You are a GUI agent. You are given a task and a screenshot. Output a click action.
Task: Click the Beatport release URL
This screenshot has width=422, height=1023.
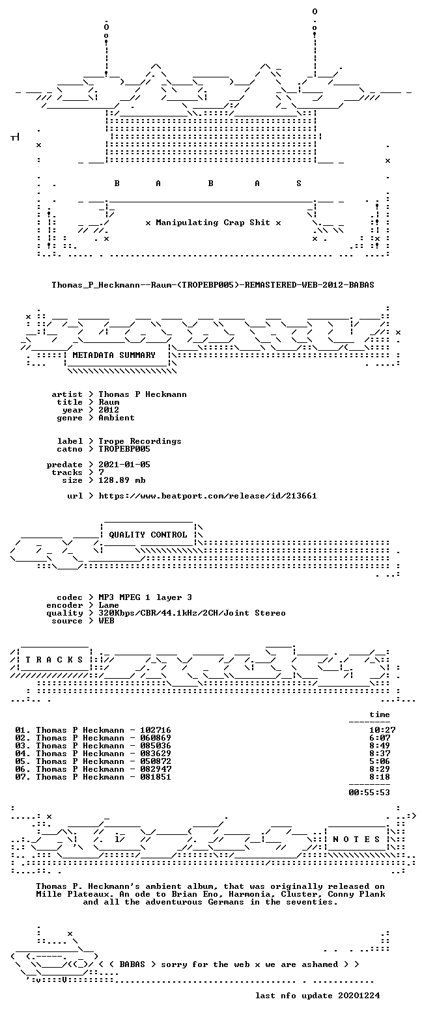click(x=208, y=495)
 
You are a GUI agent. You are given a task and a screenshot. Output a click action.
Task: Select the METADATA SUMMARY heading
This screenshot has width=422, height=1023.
click(x=114, y=355)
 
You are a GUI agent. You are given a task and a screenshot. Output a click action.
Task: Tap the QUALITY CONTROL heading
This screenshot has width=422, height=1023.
click(x=148, y=535)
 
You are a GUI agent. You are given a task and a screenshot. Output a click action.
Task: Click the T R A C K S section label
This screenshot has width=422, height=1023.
click(x=54, y=659)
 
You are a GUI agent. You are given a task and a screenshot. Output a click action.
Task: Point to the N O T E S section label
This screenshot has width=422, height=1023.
click(x=356, y=839)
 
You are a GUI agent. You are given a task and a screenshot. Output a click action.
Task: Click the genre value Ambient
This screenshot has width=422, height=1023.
click(x=117, y=417)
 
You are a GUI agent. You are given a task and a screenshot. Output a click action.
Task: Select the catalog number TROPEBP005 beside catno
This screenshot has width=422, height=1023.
click(x=124, y=448)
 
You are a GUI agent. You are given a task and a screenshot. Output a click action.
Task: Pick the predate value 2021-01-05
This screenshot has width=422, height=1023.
click(x=124, y=465)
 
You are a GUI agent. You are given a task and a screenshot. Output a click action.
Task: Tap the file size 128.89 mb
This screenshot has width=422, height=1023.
click(x=122, y=480)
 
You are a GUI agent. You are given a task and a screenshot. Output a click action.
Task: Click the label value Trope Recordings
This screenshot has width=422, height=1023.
click(x=140, y=441)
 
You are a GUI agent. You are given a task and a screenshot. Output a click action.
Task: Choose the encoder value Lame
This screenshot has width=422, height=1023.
click(x=109, y=605)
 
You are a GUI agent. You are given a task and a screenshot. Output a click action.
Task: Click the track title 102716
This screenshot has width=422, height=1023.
click(x=156, y=730)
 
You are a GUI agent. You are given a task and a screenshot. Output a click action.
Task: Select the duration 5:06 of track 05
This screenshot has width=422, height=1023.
click(x=380, y=761)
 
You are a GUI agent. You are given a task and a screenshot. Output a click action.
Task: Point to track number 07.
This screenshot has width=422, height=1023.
click(x=22, y=776)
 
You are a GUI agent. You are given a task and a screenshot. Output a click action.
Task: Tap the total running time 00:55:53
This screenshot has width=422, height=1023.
click(x=369, y=792)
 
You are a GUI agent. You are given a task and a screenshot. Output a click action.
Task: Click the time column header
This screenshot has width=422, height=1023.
click(x=380, y=715)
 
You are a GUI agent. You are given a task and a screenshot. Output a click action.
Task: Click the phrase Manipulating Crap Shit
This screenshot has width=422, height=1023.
click(x=212, y=223)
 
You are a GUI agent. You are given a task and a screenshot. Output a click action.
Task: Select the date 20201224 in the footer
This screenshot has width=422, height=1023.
click(x=359, y=995)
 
